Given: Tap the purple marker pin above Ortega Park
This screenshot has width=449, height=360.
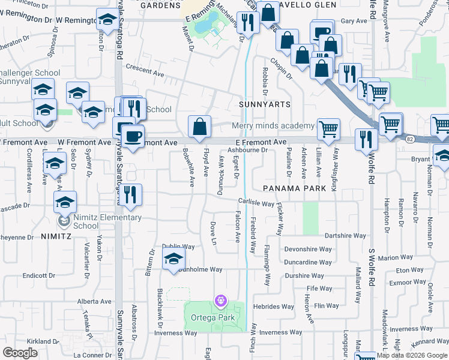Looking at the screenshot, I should point(221,299).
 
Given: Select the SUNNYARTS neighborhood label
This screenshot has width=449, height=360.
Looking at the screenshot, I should point(265,104).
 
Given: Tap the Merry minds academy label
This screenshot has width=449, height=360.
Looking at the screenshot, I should point(274,125).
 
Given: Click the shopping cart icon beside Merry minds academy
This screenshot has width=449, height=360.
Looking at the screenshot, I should point(328,130).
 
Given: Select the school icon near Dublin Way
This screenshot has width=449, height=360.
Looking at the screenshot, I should point(173,259).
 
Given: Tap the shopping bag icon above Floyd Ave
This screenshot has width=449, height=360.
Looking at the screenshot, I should point(200,127).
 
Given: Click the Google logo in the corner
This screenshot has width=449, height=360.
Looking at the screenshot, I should point(20,353).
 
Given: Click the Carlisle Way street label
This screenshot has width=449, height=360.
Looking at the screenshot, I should point(256,202).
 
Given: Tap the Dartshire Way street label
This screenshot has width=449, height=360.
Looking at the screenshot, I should point(345,236).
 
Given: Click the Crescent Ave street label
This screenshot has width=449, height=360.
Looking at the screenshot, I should point(145,74).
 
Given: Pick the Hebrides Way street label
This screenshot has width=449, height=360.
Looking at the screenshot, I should point(274,307).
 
